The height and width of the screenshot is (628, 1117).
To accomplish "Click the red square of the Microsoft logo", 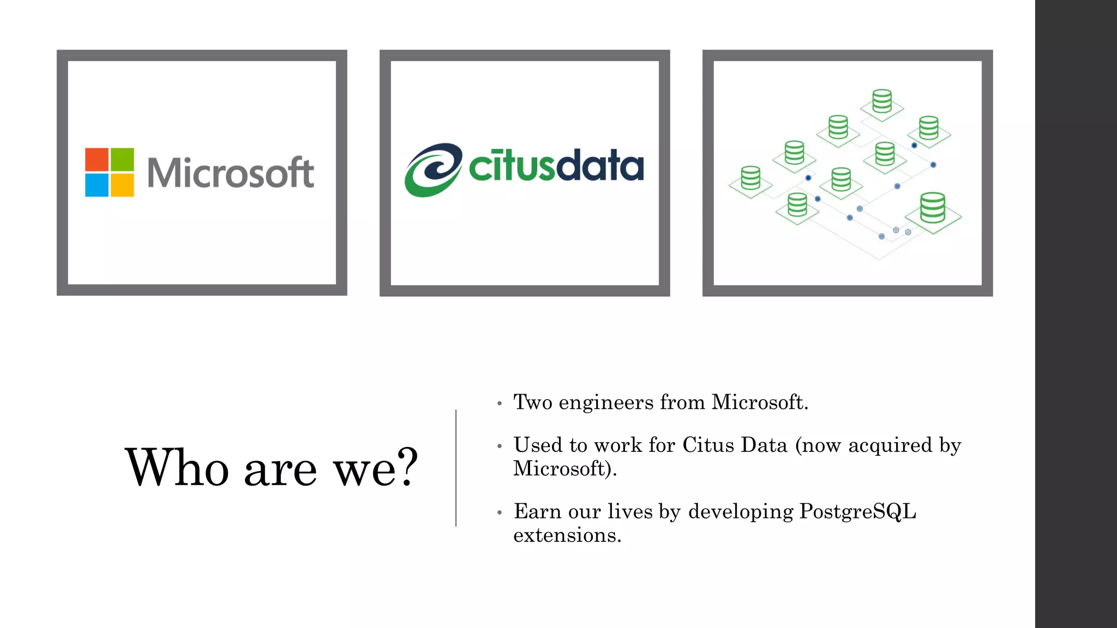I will point(97,159).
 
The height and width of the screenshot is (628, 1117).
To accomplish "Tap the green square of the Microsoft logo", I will point(122,159).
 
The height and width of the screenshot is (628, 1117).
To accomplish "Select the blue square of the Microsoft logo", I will point(97,185).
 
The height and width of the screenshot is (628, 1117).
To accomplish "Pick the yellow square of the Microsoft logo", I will point(122,185).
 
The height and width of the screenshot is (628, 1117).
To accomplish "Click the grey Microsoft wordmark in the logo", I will point(230,173).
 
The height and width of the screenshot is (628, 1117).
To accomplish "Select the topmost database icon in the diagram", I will point(882,101).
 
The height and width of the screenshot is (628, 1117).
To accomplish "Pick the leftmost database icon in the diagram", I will point(750,178).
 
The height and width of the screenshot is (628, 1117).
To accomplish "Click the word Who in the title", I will point(177,467).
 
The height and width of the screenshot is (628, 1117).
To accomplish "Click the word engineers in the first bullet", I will point(606,403).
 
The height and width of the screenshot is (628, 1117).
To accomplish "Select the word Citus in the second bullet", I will point(708,445).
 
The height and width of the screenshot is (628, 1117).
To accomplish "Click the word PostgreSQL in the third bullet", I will point(857,512).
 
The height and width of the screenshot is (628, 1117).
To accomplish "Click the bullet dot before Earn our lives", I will point(499,513).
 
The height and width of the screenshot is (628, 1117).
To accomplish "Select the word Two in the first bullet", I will point(533,402).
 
